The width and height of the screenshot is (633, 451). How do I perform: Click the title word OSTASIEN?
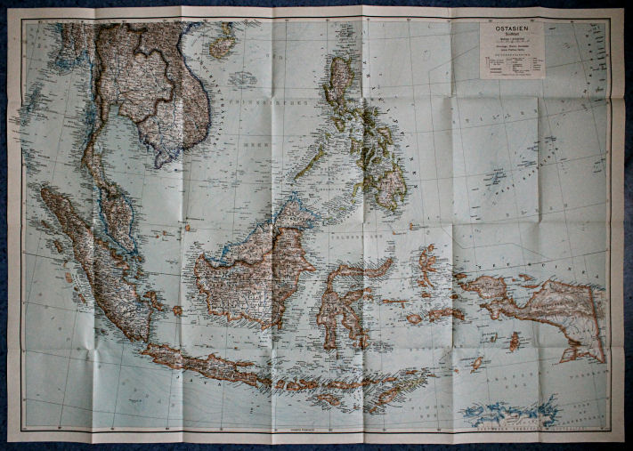click(510, 28)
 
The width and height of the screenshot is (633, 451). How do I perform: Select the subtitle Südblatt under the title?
click(510, 37)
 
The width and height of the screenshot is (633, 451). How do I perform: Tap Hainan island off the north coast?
click(223, 40)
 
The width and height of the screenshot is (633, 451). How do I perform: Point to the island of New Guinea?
click(543, 307)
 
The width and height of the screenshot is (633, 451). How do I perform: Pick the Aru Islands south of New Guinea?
click(514, 342)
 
